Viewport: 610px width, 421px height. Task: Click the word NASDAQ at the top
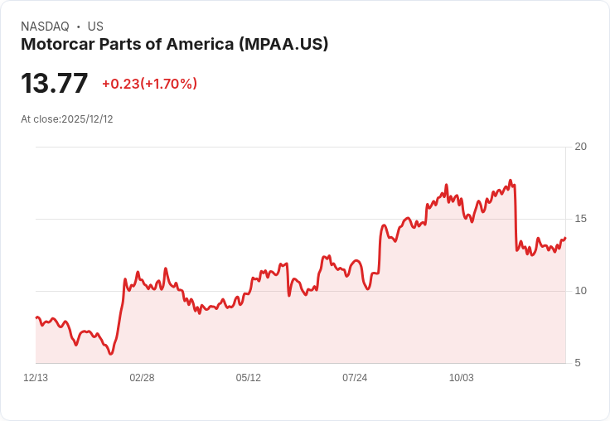(45, 27)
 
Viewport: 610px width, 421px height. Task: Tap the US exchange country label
(95, 27)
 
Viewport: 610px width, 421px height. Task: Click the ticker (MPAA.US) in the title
(283, 44)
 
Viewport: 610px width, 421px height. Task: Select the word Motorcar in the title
(58, 44)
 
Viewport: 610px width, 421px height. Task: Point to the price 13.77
(55, 84)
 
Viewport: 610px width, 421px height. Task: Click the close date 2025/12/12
(87, 119)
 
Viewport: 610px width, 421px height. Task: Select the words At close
(40, 119)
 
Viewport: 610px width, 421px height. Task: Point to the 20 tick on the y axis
(580, 147)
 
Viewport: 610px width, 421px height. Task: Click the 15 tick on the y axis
(580, 219)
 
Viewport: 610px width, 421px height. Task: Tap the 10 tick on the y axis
(580, 291)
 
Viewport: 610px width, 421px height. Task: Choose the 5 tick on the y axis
(580, 363)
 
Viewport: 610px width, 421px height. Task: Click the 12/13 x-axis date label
(36, 378)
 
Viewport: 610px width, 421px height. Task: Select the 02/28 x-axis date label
(142, 378)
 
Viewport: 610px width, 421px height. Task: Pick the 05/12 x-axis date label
(248, 378)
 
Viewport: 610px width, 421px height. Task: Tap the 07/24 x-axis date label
(355, 378)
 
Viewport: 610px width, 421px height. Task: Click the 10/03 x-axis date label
(461, 378)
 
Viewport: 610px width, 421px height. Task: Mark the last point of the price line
(565, 238)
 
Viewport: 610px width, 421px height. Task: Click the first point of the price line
(36, 317)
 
